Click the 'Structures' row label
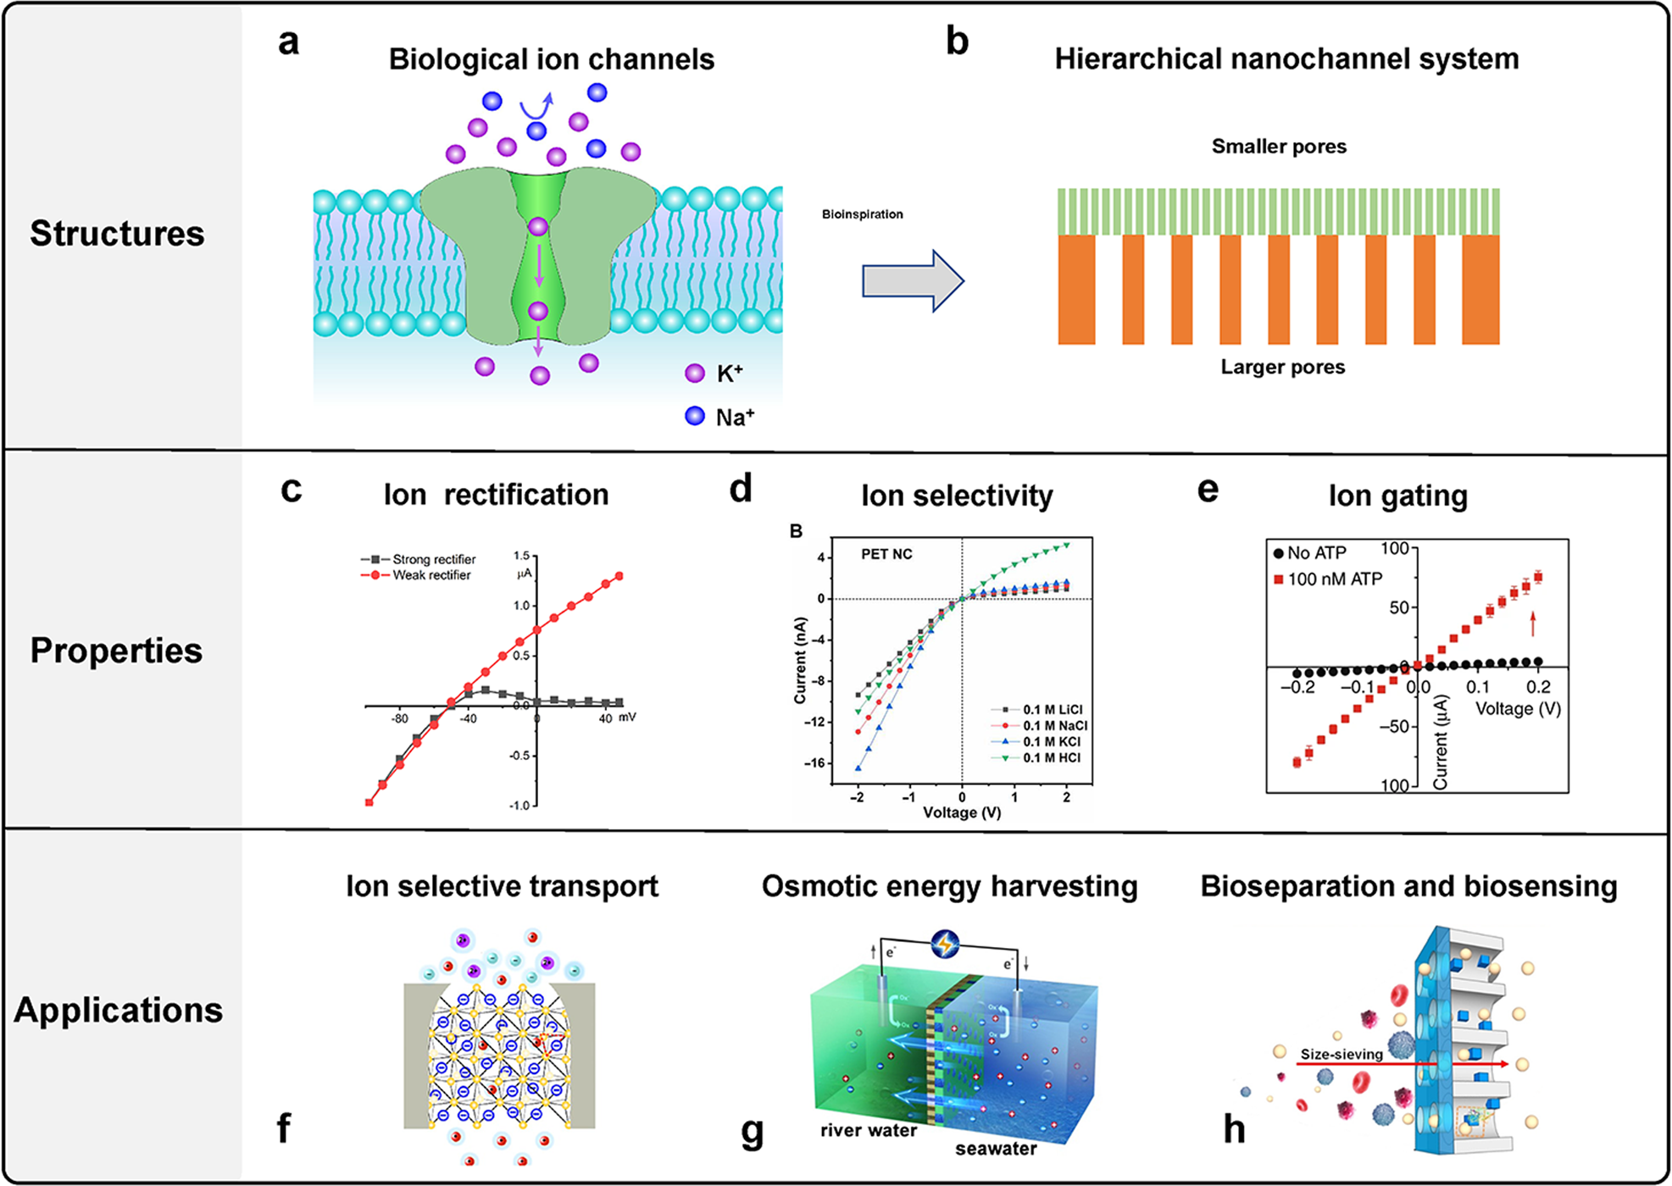tap(117, 234)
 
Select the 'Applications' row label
tap(118, 1010)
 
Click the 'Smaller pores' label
tap(1278, 147)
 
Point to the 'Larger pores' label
tap(1282, 367)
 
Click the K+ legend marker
tap(695, 374)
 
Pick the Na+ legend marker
tap(695, 416)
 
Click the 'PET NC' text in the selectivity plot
tap(886, 554)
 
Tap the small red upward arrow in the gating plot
tap(1532, 624)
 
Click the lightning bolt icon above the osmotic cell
tap(945, 944)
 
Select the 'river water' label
tap(868, 1130)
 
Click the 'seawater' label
tap(996, 1149)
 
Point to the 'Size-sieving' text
tap(1341, 1055)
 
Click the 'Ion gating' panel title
tap(1397, 496)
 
